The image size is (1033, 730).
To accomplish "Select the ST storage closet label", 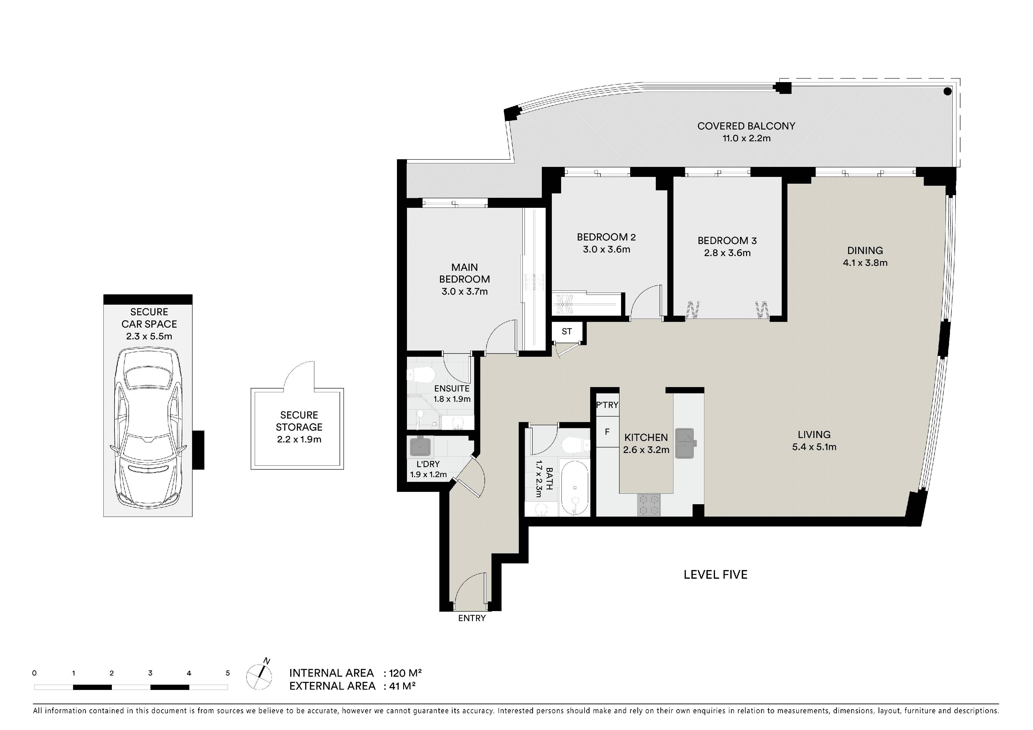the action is point(567,331).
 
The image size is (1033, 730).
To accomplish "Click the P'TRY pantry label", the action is point(607,405).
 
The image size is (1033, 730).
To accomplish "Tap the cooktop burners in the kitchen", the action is point(649,505).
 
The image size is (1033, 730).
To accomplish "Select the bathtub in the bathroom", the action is point(575,488).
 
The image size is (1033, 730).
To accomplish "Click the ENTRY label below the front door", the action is point(471,618).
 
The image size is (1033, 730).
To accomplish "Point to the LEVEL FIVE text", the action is point(715,574).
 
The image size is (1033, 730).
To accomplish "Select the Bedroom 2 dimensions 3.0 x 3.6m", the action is point(607,249).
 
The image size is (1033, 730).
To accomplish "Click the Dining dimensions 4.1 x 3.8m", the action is point(865,263).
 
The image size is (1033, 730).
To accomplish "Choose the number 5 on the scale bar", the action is point(228,673).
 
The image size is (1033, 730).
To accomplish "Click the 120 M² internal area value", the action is point(405,673).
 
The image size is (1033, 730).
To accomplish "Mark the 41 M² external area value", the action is point(402,686).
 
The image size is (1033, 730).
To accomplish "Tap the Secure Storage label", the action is point(299,421).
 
